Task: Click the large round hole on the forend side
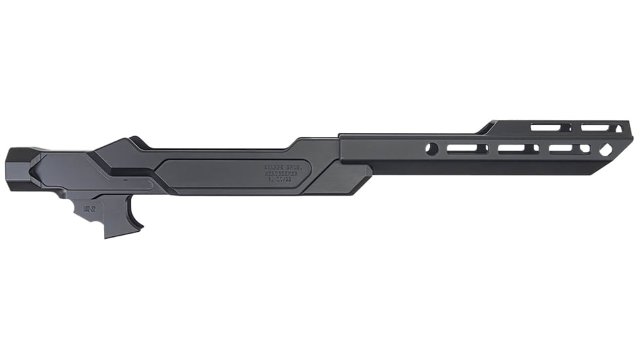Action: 431,149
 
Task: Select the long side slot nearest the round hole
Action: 467,149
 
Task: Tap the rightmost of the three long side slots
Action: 560,149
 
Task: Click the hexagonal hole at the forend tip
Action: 605,149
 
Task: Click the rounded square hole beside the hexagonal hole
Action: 584,149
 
